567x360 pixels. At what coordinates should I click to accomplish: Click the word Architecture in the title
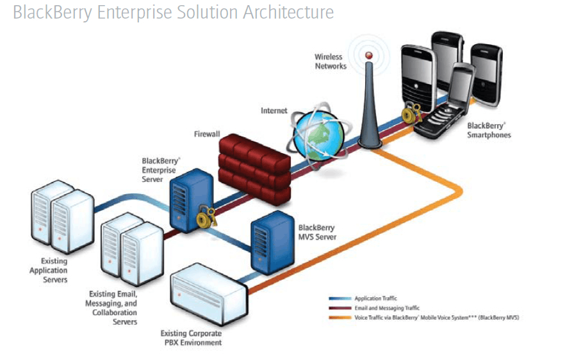288,12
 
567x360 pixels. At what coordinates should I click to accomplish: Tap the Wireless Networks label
331,61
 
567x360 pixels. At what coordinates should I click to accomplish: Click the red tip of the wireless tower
368,56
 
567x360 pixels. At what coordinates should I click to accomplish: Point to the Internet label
274,111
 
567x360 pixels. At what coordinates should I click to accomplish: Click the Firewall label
207,135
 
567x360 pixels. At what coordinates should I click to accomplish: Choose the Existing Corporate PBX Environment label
192,338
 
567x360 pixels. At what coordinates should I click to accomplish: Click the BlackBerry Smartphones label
489,130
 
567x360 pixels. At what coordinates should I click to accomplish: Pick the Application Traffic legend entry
375,299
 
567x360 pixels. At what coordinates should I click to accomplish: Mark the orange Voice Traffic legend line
339,318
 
